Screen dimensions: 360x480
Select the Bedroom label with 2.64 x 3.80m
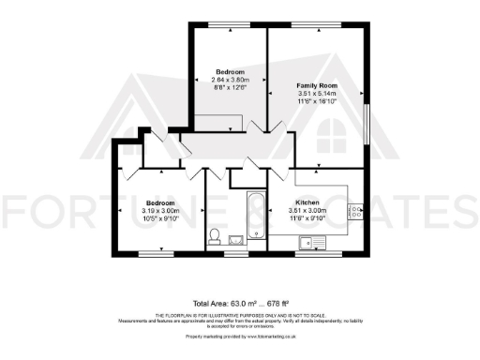click(230, 72)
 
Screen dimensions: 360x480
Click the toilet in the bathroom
click(215, 235)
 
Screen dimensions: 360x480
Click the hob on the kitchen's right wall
click(357, 213)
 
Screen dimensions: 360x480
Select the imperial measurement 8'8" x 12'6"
click(230, 88)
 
